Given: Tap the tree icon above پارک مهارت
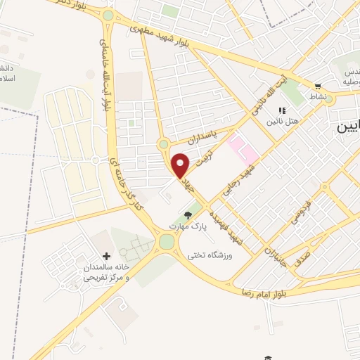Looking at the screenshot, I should [188, 215].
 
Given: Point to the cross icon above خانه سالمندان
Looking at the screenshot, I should [106, 257].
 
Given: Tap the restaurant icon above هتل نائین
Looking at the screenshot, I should [283, 110].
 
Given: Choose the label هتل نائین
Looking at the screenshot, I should [282, 122].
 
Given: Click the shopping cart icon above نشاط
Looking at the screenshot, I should [317, 86].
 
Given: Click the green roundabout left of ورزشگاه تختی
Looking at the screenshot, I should [167, 242].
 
